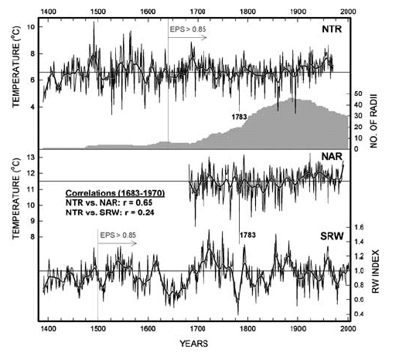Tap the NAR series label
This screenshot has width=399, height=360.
(x=331, y=157)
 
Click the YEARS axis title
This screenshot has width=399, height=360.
(x=197, y=341)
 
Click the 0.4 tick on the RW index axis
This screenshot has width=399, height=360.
(x=359, y=314)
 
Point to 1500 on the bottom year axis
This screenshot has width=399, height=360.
(x=97, y=328)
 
